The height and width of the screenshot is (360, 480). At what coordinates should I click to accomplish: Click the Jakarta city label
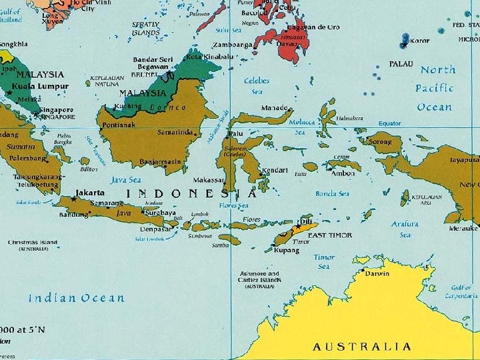[90, 192]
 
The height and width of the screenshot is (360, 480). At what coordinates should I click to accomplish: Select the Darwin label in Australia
[377, 272]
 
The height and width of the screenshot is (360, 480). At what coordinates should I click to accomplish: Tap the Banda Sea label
[332, 194]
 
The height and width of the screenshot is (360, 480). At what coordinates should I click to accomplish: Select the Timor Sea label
[324, 261]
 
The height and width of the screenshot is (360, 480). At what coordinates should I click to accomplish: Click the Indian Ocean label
[75, 298]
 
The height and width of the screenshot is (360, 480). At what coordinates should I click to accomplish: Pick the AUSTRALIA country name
[361, 346]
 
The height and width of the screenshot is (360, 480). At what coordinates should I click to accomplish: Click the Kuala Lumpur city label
[43, 87]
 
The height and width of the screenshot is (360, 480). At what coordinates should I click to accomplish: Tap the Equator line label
[389, 123]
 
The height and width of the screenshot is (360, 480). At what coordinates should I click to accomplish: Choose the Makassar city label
[208, 180]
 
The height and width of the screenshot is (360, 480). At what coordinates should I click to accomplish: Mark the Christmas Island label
[33, 243]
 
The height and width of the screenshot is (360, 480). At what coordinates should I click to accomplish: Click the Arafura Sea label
[405, 229]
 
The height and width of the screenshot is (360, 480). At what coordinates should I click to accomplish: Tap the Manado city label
[275, 107]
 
